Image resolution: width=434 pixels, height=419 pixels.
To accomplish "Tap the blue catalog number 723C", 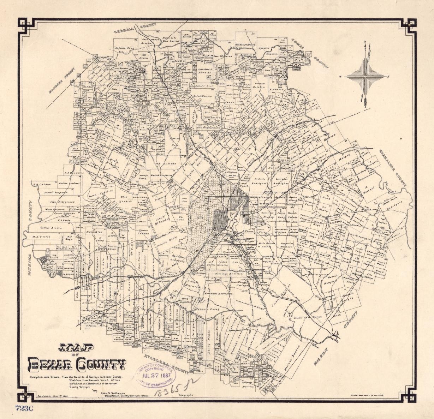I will (24, 408).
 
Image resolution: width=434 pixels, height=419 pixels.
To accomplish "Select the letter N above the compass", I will (365, 43).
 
